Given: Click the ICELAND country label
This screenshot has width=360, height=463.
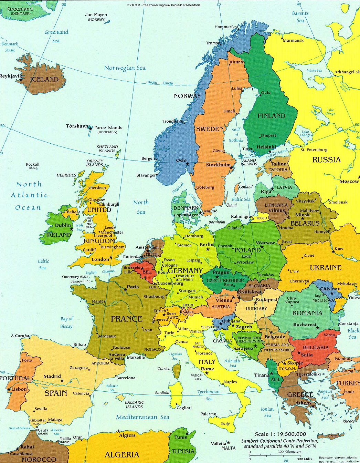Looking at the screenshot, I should [44, 79].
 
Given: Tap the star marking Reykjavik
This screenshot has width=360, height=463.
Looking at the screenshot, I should [21, 80].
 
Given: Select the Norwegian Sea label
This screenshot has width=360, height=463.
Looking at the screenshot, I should [125, 68].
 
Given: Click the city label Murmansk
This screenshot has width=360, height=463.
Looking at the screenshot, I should [293, 40].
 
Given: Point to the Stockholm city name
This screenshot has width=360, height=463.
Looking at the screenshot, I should [218, 165].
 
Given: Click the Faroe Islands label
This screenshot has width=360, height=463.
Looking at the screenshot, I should [108, 127].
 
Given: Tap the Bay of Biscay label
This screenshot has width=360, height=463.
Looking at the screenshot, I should [66, 322].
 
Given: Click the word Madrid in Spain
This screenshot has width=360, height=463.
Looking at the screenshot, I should [52, 377].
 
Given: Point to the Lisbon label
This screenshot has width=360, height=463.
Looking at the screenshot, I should [19, 389].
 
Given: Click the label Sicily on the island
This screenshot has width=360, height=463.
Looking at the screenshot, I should [225, 423].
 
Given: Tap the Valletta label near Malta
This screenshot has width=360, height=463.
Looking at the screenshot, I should [219, 443].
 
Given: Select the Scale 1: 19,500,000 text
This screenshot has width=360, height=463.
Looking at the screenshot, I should [280, 434].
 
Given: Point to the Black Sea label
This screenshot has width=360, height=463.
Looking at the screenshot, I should [353, 333].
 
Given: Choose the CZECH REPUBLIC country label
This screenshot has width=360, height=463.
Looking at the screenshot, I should [225, 280].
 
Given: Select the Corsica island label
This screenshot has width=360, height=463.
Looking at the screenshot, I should [164, 369].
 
